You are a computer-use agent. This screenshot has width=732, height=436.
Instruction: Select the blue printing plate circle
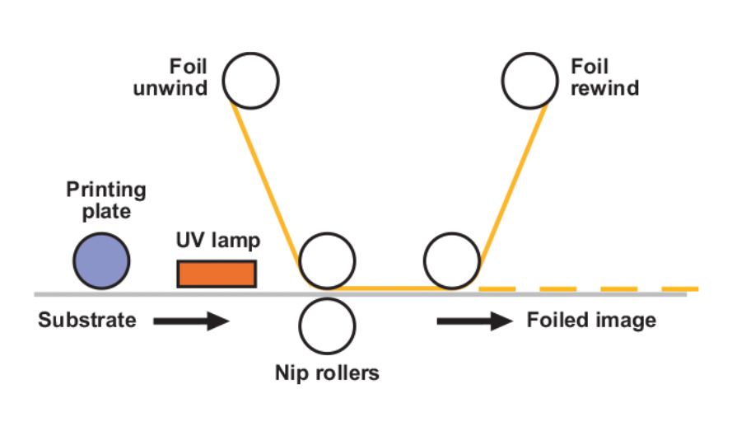click(101, 260)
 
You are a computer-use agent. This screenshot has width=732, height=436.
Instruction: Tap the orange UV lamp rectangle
click(217, 274)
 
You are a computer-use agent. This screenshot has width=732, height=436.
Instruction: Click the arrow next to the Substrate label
click(191, 321)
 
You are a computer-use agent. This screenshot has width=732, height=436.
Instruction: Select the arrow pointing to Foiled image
click(475, 321)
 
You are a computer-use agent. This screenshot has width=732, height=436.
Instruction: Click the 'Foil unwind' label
click(170, 77)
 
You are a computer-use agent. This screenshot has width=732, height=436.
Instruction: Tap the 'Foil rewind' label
click(605, 77)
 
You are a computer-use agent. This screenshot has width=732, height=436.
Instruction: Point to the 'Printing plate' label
click(106, 200)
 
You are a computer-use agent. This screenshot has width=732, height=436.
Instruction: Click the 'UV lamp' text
click(218, 240)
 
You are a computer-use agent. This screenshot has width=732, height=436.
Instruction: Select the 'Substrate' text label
click(87, 321)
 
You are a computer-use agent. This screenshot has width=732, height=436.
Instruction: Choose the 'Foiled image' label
click(591, 321)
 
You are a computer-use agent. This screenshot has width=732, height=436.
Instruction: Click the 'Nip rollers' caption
click(327, 373)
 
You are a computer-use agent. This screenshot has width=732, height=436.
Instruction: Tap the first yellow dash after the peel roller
click(497, 289)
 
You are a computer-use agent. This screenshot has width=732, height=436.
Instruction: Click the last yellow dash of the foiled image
click(680, 289)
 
